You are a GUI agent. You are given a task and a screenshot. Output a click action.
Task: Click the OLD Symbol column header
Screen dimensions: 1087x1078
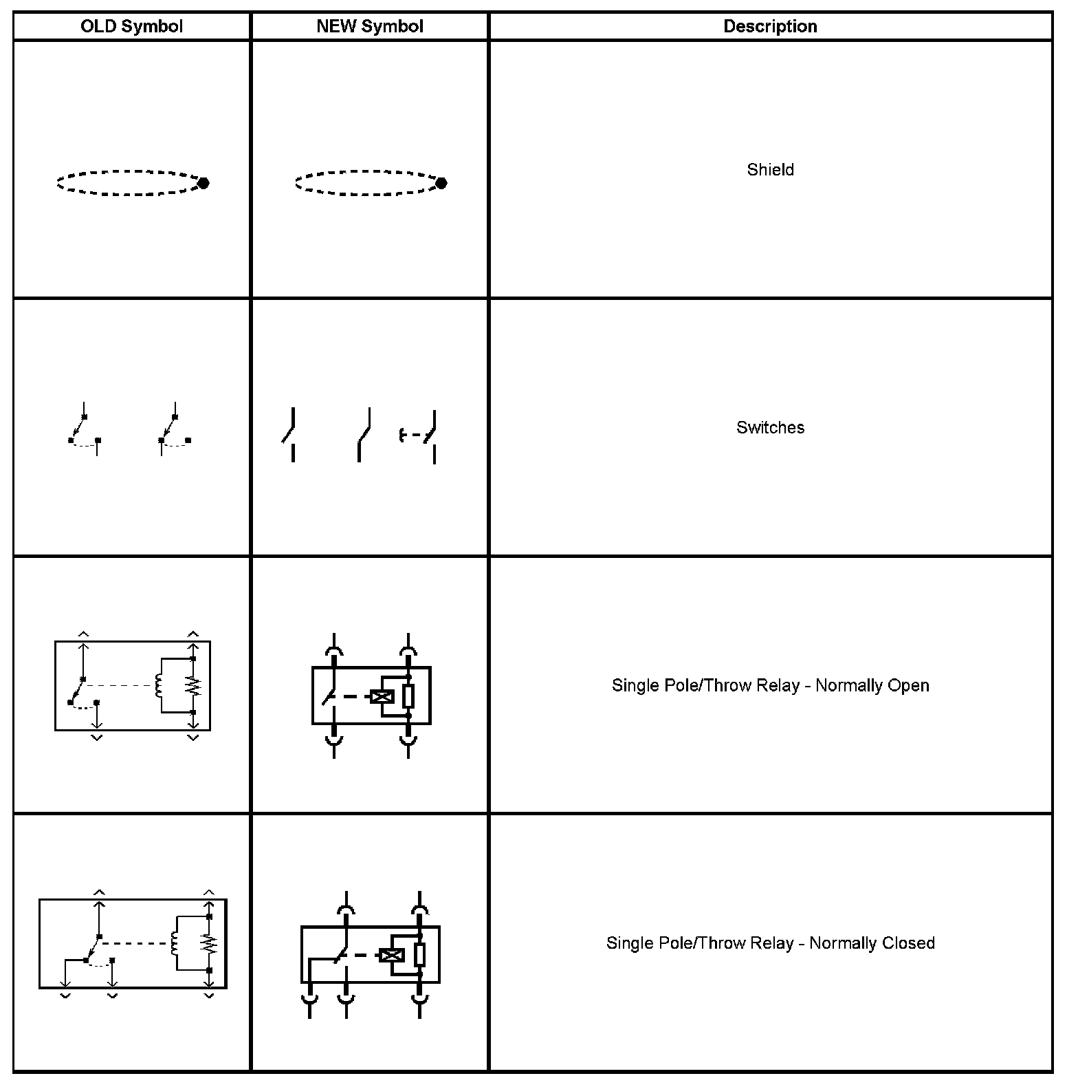pyautogui.click(x=131, y=27)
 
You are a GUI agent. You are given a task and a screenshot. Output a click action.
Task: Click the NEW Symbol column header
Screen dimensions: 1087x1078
pyautogui.click(x=370, y=27)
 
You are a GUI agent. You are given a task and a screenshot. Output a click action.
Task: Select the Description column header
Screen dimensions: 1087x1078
pyautogui.click(x=770, y=27)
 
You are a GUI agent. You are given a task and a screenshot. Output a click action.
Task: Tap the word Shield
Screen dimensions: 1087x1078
pyautogui.click(x=770, y=170)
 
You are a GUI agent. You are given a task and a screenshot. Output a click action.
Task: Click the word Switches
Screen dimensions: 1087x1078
pyautogui.click(x=770, y=427)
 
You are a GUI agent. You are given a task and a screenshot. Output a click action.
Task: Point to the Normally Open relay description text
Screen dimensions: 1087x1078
pyautogui.click(x=770, y=685)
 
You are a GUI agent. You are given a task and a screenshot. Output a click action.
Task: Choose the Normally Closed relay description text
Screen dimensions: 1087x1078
pyautogui.click(x=770, y=943)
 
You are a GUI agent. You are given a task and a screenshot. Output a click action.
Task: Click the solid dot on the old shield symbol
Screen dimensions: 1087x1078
pyautogui.click(x=203, y=183)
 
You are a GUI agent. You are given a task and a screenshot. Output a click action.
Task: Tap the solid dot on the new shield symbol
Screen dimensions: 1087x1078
pyautogui.click(x=441, y=183)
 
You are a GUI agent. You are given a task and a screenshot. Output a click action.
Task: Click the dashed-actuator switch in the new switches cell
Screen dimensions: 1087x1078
pyautogui.click(x=419, y=435)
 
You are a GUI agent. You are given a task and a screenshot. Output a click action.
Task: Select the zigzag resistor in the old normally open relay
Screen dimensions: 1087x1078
pyautogui.click(x=193, y=686)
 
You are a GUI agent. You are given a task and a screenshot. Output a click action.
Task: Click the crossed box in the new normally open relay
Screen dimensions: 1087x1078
pyautogui.click(x=382, y=696)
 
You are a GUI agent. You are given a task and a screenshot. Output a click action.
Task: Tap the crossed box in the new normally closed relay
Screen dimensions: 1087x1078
pyautogui.click(x=391, y=955)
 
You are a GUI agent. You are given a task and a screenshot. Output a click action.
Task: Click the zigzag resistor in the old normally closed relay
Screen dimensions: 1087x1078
pyautogui.click(x=209, y=943)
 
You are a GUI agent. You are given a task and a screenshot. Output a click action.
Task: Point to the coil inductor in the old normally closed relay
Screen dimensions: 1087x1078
pyautogui.click(x=175, y=943)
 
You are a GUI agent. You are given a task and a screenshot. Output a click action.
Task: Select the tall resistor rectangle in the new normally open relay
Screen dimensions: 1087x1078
pyautogui.click(x=408, y=696)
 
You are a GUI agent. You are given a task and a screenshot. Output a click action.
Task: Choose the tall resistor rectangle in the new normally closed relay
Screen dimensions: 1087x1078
pyautogui.click(x=419, y=955)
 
